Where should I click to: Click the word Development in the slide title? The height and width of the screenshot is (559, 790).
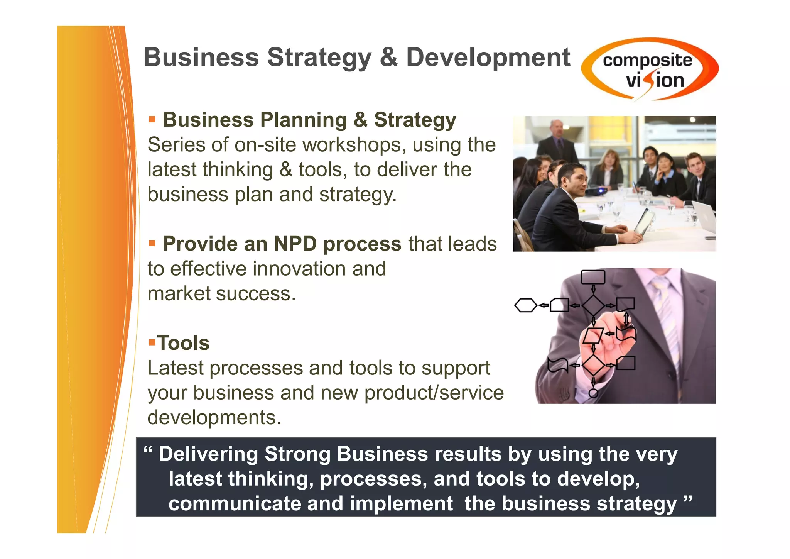pos(488,58)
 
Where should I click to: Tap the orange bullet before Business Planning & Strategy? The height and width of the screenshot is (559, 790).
pos(152,119)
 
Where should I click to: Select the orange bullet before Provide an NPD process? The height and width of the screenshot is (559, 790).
pos(152,243)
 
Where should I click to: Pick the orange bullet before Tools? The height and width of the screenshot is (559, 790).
pos(152,342)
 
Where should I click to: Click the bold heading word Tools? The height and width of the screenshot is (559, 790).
pos(184,343)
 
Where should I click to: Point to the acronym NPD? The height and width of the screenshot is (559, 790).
pos(295,244)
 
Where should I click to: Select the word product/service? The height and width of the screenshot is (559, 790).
pos(434,393)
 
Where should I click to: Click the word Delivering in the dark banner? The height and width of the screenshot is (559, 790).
pos(208,454)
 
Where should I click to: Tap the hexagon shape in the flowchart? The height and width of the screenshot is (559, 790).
pos(526,305)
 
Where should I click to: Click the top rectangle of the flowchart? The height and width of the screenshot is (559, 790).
pos(593,277)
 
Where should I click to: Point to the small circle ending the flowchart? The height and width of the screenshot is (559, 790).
pos(594,393)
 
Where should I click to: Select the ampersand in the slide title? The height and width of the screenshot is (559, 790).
pos(388,58)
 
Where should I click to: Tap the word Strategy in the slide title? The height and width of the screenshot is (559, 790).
pos(319,58)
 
